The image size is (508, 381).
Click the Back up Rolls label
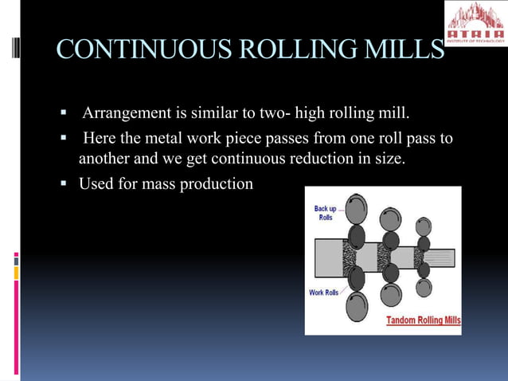(x=325, y=213)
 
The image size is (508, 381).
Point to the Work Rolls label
(x=324, y=293)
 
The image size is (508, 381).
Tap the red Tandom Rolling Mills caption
(x=423, y=321)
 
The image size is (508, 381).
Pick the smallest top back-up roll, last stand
(x=424, y=226)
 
